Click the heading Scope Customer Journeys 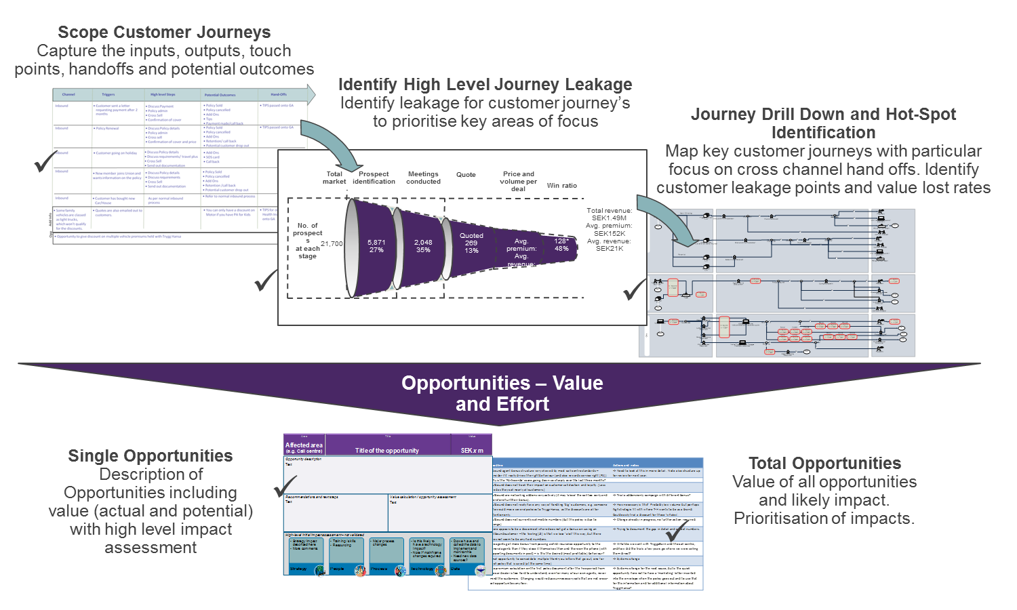coord(164,33)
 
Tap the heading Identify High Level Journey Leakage coord(485,85)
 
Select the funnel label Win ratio coord(562,186)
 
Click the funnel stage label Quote coord(466,175)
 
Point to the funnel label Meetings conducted coord(424,178)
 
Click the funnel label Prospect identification coord(374,178)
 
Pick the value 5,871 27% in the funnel coord(376,246)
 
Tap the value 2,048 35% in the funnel coord(423,246)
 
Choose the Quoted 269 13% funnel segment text coord(471,243)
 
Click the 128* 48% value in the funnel coord(561,245)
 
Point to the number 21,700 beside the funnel coord(332,244)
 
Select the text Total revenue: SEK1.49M coord(609,214)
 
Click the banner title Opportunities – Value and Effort coord(502,393)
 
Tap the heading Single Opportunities coord(151,456)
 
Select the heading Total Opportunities coord(824,464)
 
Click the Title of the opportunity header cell coord(387,450)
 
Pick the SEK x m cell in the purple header coord(472,450)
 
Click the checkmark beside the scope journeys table coord(45,161)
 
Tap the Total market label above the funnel coord(334,178)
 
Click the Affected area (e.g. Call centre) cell coord(304,447)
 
